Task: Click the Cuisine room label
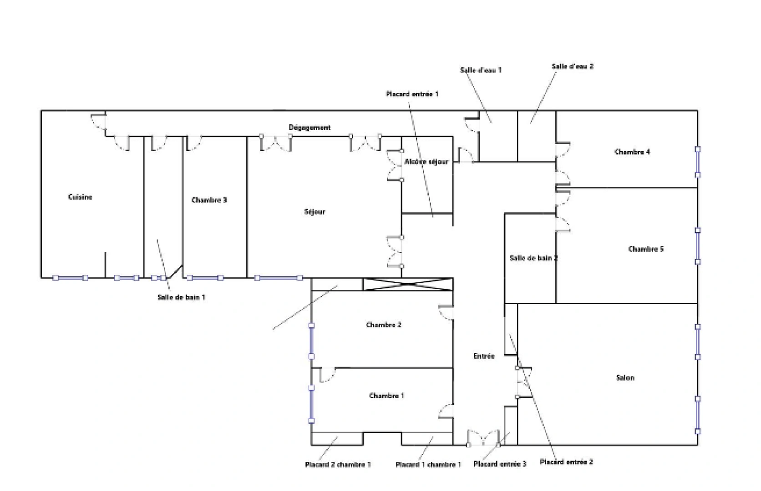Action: coord(80,197)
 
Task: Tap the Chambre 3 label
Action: coord(209,200)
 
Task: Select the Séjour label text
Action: coord(315,211)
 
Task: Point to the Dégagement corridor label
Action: coord(309,128)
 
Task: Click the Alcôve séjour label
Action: coord(426,161)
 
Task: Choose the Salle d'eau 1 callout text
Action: coord(481,70)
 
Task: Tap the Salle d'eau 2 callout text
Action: coord(572,66)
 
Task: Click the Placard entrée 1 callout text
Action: coord(412,94)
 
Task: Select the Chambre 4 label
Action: coord(632,152)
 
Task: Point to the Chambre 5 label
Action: coord(645,249)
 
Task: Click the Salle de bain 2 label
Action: coord(533,258)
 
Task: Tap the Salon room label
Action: coord(625,377)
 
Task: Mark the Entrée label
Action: coord(483,356)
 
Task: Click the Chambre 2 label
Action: coord(383,325)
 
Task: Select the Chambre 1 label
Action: coord(386,396)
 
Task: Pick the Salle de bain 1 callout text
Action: coord(181,297)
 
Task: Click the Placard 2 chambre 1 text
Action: coord(338,464)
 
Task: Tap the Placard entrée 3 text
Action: coord(500,464)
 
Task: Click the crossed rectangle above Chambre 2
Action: coord(408,284)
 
